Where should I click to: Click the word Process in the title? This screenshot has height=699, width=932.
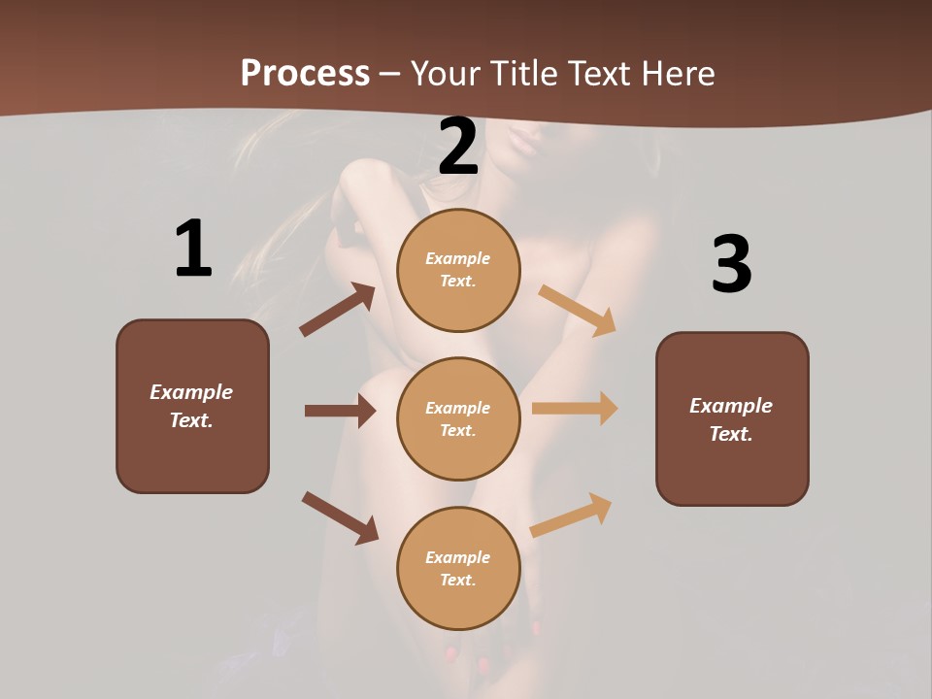[305, 74]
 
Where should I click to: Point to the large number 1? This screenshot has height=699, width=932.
[193, 249]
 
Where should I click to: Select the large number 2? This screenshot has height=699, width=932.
[458, 147]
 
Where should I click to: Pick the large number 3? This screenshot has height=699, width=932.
[731, 264]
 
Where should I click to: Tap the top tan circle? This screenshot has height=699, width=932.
[458, 270]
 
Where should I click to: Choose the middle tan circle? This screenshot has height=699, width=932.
[458, 418]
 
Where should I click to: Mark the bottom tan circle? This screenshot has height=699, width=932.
[458, 568]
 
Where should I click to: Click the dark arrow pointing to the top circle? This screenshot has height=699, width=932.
[337, 310]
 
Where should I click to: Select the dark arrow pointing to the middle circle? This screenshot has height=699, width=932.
[340, 411]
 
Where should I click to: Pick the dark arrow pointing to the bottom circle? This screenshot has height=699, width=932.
[340, 517]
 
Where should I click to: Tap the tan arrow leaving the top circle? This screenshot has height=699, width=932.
[578, 310]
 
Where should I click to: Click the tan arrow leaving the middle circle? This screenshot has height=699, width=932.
[575, 409]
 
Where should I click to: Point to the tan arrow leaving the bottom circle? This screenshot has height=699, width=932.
[571, 515]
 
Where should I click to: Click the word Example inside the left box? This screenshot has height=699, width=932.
[191, 392]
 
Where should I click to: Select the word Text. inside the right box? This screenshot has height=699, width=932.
[731, 434]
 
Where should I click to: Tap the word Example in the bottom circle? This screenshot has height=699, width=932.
[458, 557]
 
